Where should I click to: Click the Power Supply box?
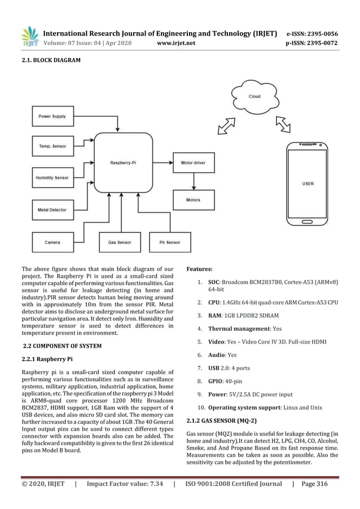(52, 116)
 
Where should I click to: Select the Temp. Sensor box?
(52, 146)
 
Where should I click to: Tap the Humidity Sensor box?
(52, 177)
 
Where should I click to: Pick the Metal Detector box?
(52, 210)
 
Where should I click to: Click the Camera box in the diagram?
(52, 242)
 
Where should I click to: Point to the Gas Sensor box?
(119, 242)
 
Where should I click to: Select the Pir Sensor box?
(170, 242)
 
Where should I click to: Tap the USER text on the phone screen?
(308, 183)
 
